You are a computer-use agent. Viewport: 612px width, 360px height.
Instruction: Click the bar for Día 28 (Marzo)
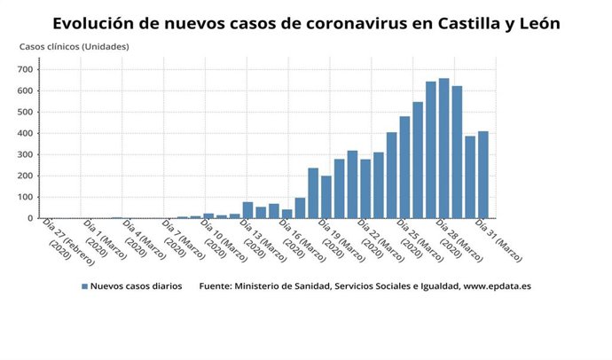pos(443,148)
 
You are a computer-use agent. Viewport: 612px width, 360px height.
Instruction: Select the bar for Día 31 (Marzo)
pos(483,175)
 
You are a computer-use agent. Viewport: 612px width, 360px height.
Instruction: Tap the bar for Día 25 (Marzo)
pos(404,168)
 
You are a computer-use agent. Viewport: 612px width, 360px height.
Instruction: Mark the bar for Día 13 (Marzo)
pos(247,210)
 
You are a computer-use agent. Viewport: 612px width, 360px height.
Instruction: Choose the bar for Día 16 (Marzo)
pos(286,214)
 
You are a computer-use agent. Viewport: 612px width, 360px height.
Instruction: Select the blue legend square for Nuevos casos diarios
pos(84,286)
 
